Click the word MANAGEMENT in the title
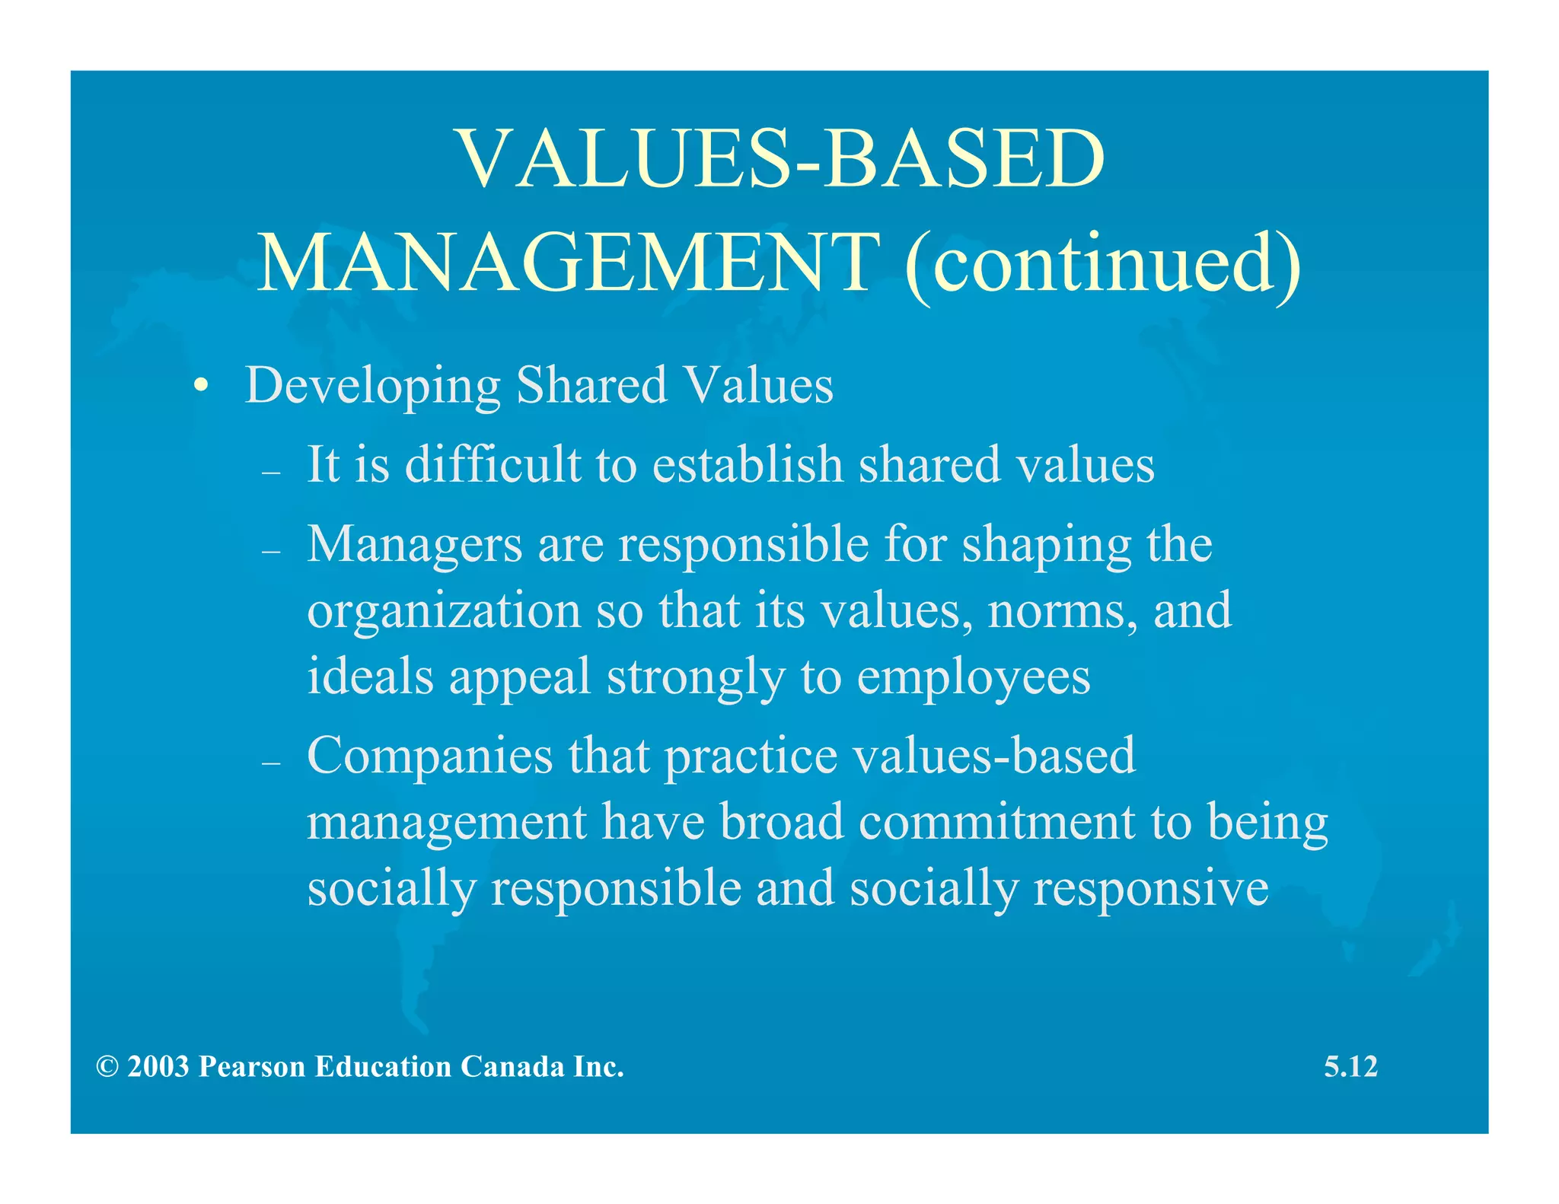tap(567, 263)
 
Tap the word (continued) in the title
tap(1102, 263)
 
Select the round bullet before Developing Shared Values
tap(200, 386)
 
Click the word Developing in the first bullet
tap(372, 386)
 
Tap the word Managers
tap(414, 546)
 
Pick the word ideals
tap(370, 676)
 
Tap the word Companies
tap(429, 756)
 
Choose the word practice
tap(751, 757)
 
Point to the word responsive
tap(1150, 888)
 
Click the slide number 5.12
tap(1350, 1067)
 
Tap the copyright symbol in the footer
tap(107, 1067)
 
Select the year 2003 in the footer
tap(158, 1067)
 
